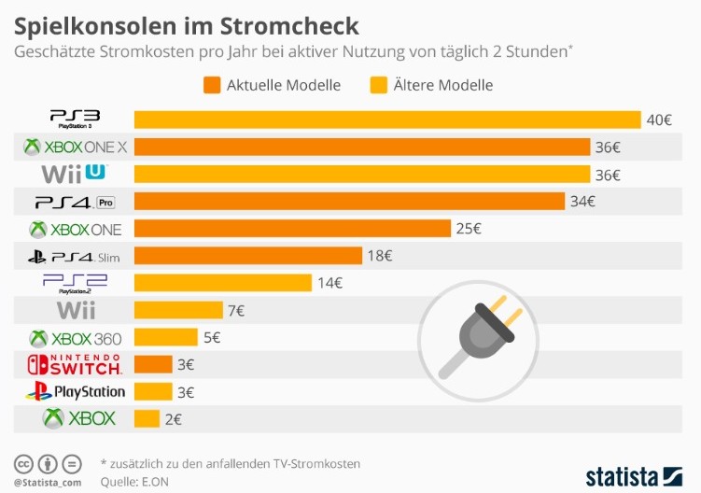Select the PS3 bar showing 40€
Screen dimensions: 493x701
387,120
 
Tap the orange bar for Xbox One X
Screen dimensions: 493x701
362,147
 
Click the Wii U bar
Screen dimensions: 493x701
362,174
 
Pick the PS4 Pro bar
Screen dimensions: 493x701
349,201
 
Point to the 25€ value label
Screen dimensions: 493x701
469,228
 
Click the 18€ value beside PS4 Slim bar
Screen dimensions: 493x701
380,256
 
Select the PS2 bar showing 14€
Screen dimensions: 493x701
222,283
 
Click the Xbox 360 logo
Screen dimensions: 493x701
75,338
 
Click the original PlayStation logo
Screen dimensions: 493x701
75,392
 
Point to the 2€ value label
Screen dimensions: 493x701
173,419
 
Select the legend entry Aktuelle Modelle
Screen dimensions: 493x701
272,85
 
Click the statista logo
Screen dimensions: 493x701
634,476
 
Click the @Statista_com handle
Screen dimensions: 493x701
47,482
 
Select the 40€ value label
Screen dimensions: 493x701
660,120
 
